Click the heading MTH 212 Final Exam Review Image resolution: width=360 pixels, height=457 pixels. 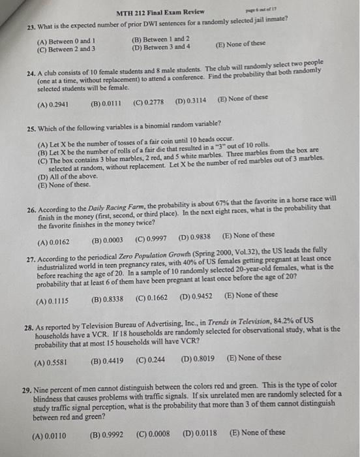click(160, 12)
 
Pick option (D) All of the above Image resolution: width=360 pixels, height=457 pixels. click(65, 177)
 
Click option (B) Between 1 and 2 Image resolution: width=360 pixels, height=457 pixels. click(160, 40)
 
